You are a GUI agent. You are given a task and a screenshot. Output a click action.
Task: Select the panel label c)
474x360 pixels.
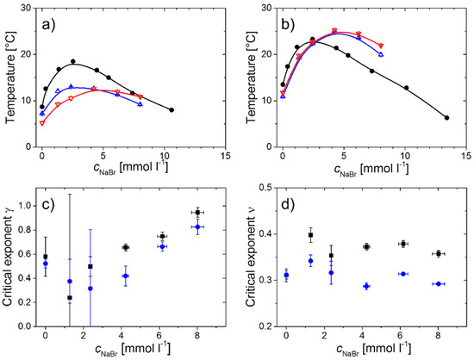53,205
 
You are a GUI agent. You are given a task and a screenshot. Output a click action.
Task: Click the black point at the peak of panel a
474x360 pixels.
73,62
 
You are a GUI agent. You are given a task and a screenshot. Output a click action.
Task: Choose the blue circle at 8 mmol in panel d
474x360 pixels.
438,283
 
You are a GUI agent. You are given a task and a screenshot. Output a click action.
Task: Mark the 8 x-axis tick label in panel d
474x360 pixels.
438,338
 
